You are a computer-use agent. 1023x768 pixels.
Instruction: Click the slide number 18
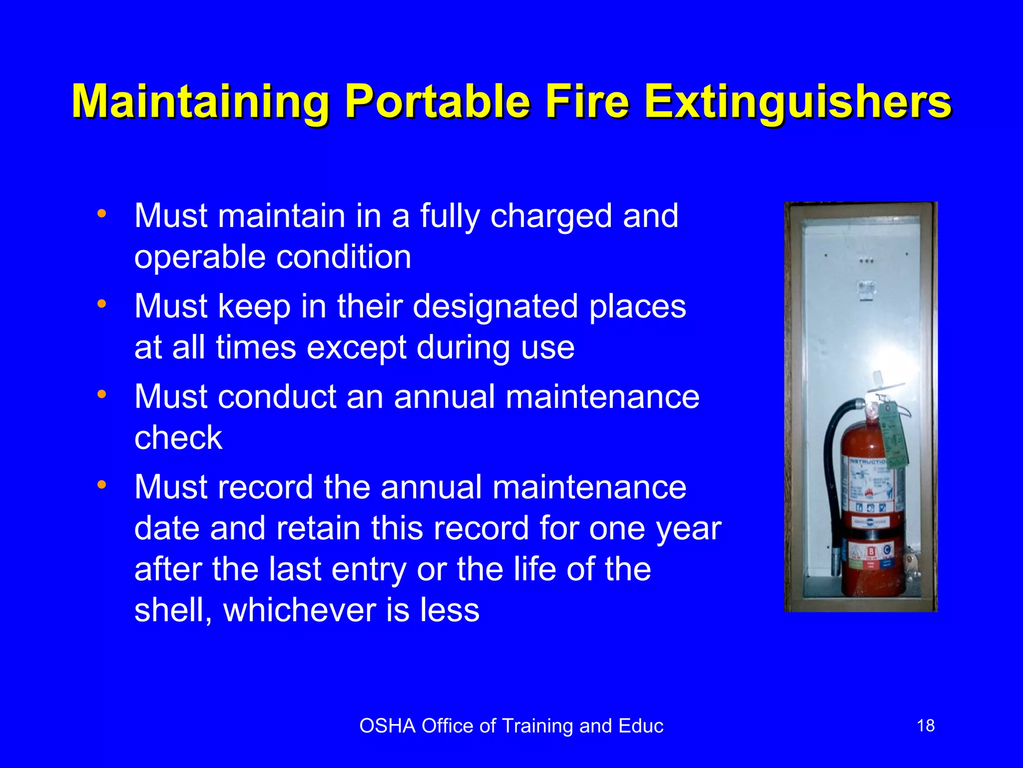926,725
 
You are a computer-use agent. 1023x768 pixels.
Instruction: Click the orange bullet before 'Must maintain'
102,214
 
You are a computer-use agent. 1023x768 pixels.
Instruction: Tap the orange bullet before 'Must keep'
102,304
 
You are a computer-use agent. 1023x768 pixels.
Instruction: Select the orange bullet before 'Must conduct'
102,394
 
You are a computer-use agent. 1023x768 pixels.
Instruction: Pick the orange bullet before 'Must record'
102,484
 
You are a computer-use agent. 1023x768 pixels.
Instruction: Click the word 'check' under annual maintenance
178,438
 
